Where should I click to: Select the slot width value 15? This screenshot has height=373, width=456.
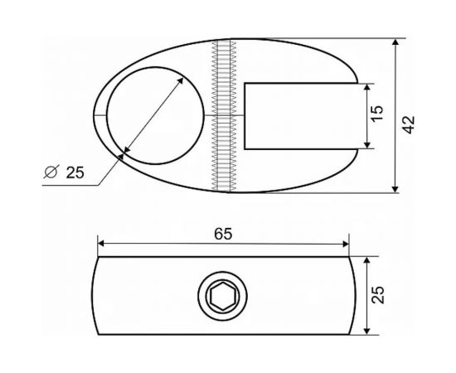pos(377,114)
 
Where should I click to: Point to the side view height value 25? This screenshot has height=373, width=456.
pos(377,294)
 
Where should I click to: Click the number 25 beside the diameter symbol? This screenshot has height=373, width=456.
pos(75,172)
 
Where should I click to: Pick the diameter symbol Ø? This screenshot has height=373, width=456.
pos(49,172)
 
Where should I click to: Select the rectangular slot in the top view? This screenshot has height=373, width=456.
pos(303,115)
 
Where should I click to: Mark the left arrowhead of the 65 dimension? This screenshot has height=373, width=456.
pos(102,244)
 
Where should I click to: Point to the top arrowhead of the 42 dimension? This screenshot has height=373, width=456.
pos(395,41)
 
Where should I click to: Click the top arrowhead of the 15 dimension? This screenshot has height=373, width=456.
pos(366,86)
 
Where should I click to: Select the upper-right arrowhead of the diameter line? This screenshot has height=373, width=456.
pos(182,78)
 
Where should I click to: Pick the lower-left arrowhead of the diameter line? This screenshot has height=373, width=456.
pos(123,152)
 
